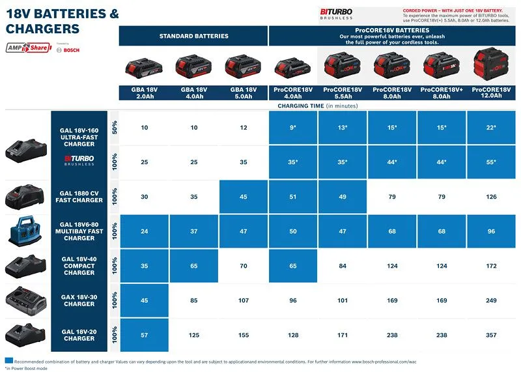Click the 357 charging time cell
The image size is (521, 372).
[x=491, y=334]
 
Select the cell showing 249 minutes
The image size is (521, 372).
[x=491, y=300]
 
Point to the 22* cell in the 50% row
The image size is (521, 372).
[x=491, y=127]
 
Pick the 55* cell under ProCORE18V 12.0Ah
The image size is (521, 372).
[x=491, y=162]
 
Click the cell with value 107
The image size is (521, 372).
[x=244, y=300]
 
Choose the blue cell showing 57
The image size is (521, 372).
[x=145, y=334]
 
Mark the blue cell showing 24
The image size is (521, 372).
[x=145, y=231]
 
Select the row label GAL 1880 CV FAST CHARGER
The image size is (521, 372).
[x=79, y=197]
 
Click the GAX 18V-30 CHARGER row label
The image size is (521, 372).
[x=79, y=300]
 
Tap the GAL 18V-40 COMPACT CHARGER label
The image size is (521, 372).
[x=79, y=266]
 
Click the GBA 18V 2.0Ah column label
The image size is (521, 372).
[x=144, y=92]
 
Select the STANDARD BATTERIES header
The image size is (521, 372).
[x=193, y=36]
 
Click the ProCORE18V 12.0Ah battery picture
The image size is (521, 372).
[x=491, y=66]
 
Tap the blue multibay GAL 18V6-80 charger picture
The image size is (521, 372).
[x=27, y=231]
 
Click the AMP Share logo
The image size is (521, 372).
[x=28, y=49]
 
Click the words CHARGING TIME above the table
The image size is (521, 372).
[x=301, y=105]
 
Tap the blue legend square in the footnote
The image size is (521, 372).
[x=8, y=360]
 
